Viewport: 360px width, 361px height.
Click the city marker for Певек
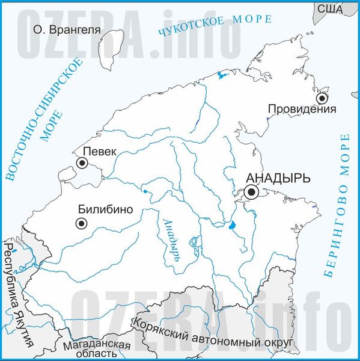[82, 162]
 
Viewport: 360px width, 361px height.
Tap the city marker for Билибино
[81, 223]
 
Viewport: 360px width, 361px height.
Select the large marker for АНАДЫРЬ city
[251, 192]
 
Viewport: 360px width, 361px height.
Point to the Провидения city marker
[323, 97]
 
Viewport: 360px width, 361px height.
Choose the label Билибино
[105, 210]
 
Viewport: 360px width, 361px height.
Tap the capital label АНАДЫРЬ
[279, 178]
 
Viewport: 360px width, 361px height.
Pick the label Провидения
[301, 110]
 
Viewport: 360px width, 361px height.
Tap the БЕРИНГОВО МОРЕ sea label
[336, 205]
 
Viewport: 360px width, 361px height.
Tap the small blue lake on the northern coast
[220, 75]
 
